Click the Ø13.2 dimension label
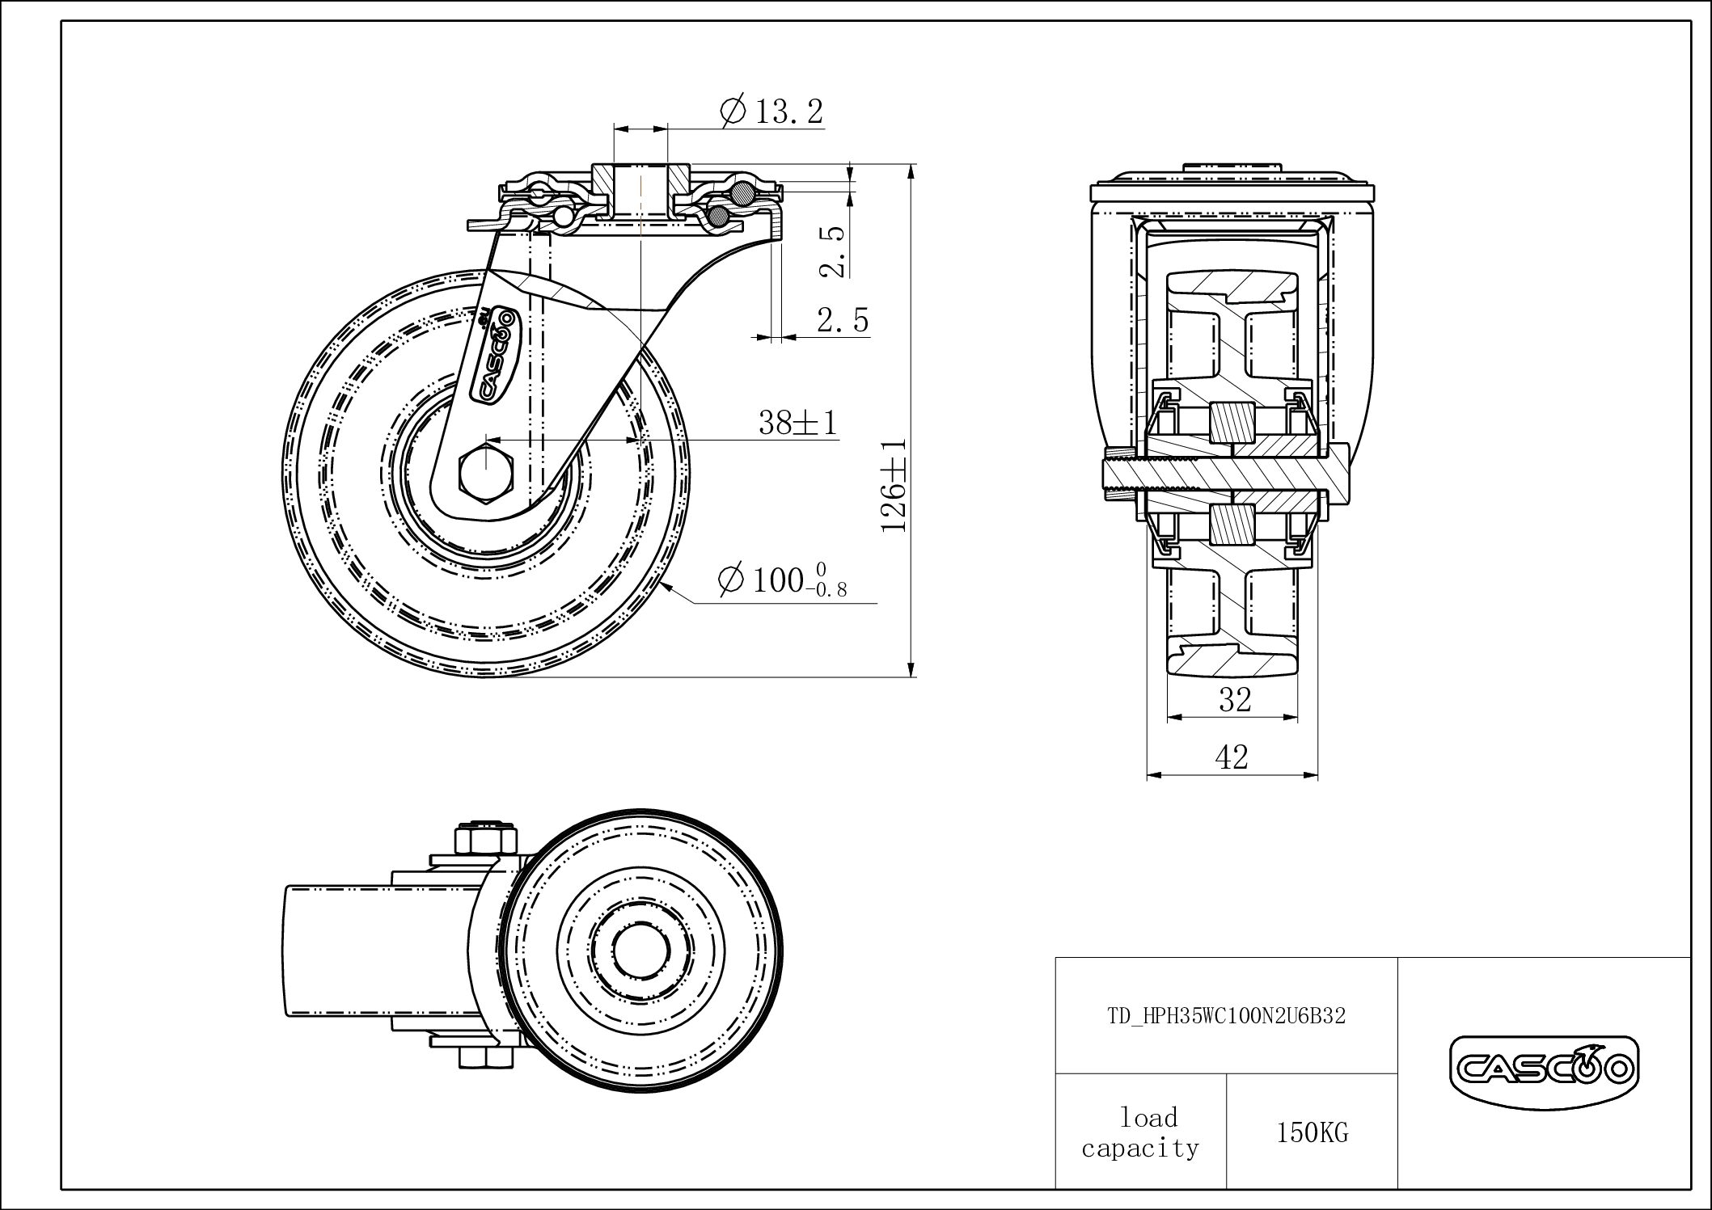pos(771,112)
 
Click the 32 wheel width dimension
pos(1235,700)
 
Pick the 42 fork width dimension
pos(1232,757)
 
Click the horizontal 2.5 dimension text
pos(843,320)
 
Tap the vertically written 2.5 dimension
pos(833,251)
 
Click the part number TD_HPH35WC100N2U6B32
pos(1226,1016)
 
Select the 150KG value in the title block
pos(1313,1132)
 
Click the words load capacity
pos(1140,1132)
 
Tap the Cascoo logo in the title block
pos(1544,1070)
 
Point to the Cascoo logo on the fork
pos(496,352)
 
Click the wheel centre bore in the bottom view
pos(641,951)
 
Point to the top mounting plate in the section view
pos(1232,194)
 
